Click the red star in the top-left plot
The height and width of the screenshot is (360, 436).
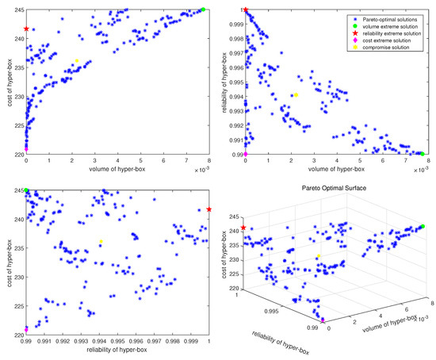point(26,29)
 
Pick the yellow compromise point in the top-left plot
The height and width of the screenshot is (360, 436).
point(77,60)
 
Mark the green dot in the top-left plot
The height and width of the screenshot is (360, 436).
point(203,10)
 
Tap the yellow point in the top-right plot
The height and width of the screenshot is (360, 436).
point(296,95)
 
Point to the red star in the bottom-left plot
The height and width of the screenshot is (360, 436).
point(209,209)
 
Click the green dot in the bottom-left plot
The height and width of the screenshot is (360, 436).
point(26,191)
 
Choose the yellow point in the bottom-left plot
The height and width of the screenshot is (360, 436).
point(101,242)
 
